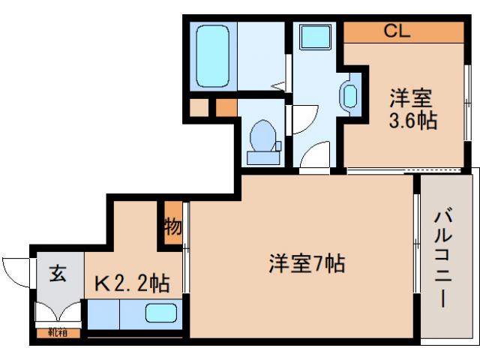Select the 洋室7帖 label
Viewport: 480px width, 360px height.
307,264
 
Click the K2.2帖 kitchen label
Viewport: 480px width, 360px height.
131,284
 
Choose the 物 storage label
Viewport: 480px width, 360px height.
172,226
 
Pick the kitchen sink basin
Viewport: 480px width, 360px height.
161,314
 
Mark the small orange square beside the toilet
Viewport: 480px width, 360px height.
226,107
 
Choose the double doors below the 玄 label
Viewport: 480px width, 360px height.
58,311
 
